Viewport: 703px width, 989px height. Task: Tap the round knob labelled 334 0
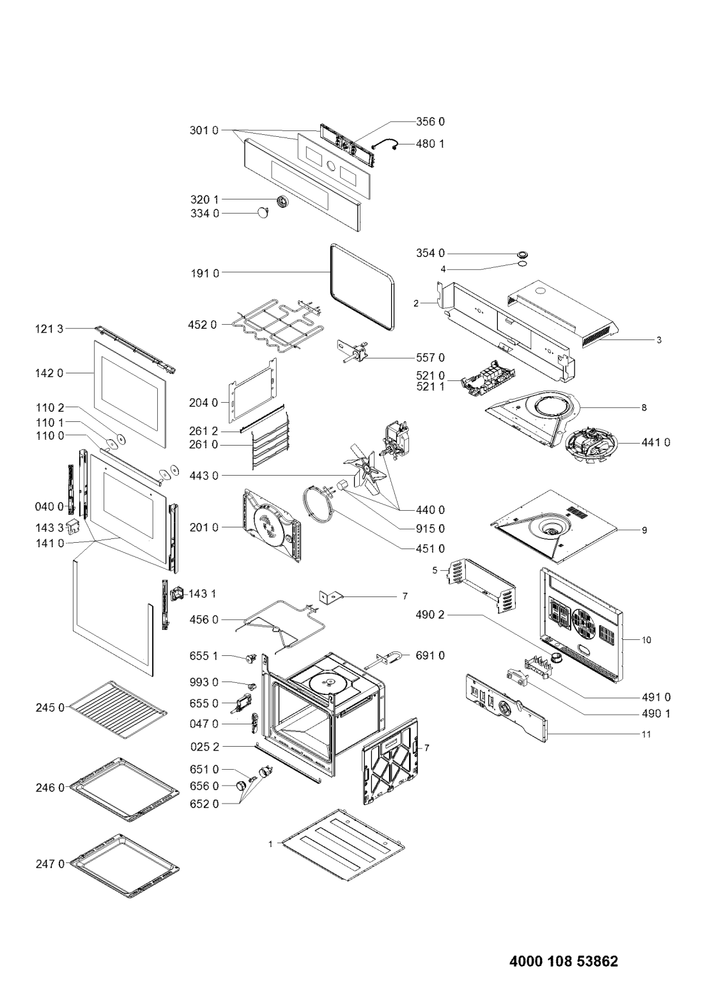(x=263, y=214)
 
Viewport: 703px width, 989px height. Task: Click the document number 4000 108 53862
(x=564, y=944)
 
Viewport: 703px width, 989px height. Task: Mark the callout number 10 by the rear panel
(x=646, y=639)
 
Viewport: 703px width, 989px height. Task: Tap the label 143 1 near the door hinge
(x=202, y=594)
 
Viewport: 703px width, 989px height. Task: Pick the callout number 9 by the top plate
(x=645, y=530)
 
